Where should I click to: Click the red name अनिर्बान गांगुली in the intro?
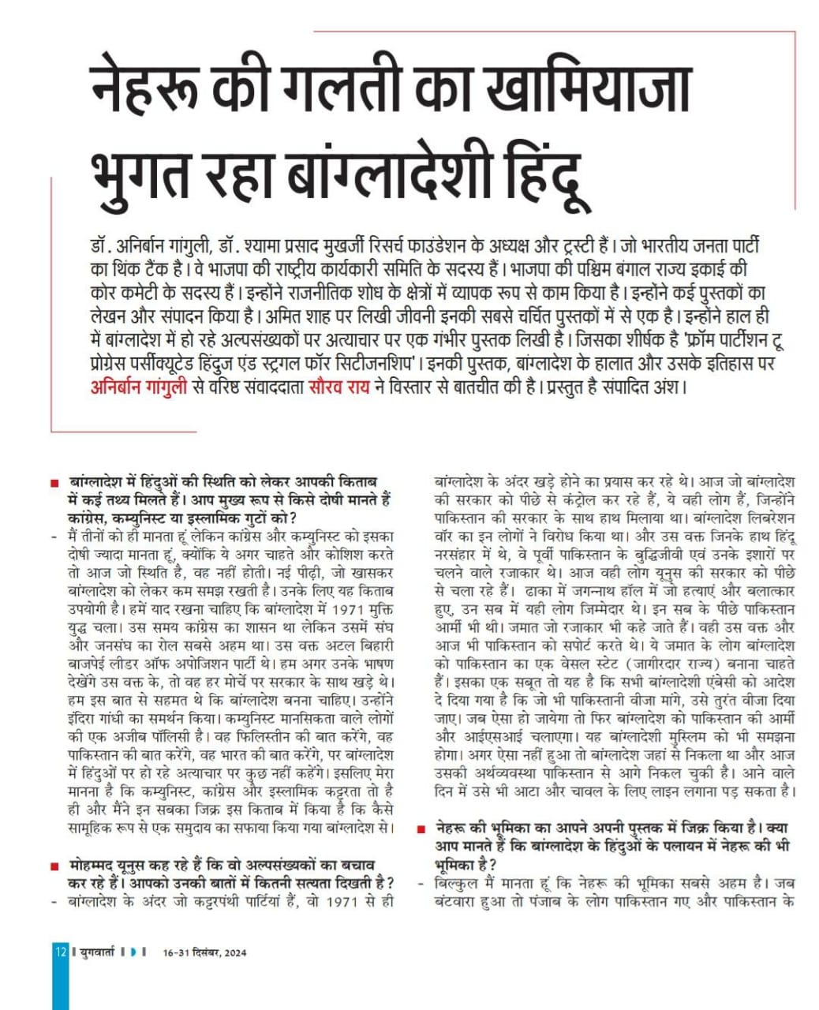139,387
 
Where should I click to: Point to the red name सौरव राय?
338,387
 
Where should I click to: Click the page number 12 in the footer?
61,952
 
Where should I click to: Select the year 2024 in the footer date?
234,952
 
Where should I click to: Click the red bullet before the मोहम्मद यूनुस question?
53,866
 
